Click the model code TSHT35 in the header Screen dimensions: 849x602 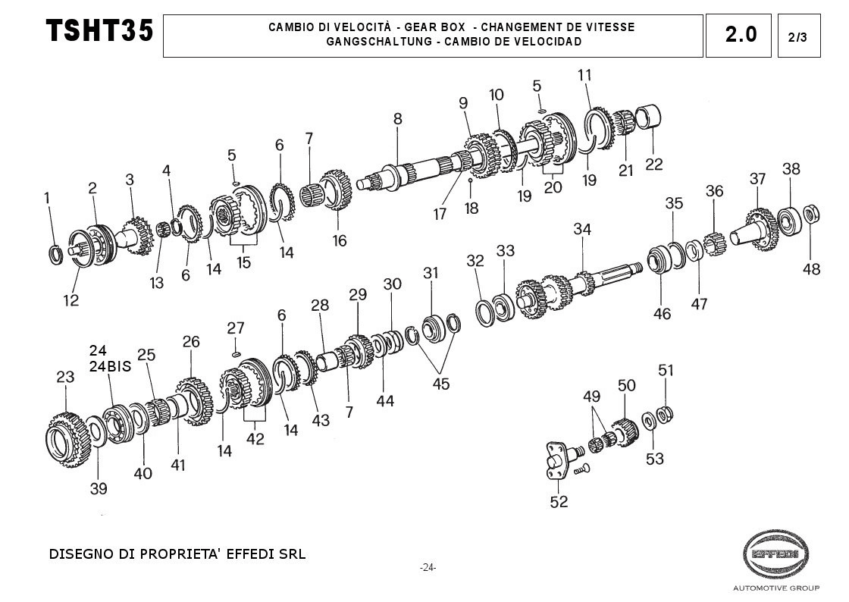pyautogui.click(x=99, y=30)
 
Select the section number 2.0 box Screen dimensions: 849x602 pyautogui.click(x=738, y=36)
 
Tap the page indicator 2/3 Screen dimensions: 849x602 pyautogui.click(x=799, y=36)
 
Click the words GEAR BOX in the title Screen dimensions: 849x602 pyautogui.click(x=435, y=27)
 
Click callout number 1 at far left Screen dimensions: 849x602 pyautogui.click(x=47, y=198)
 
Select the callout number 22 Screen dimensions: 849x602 pyautogui.click(x=654, y=164)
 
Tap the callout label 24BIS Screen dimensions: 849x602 pyautogui.click(x=111, y=366)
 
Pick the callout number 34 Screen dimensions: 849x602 pyautogui.click(x=582, y=229)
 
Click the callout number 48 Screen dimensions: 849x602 pyautogui.click(x=811, y=269)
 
